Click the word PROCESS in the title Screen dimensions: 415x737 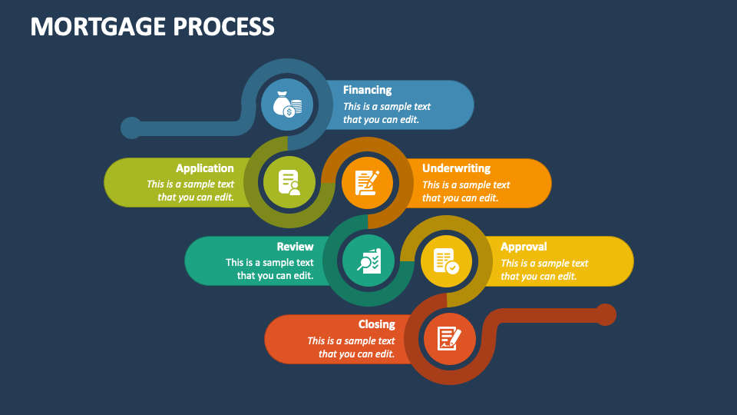pyautogui.click(x=223, y=26)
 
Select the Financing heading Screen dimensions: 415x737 pyautogui.click(x=367, y=90)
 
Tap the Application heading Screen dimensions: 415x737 pyautogui.click(x=204, y=168)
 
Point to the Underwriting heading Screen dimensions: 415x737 pyautogui.click(x=456, y=168)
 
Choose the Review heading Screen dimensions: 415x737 pyautogui.click(x=295, y=247)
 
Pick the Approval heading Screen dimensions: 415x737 pyautogui.click(x=524, y=247)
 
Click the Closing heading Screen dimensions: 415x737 pyautogui.click(x=376, y=324)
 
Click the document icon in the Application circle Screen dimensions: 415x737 pyautogui.click(x=289, y=183)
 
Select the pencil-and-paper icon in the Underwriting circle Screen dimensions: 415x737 pyautogui.click(x=367, y=183)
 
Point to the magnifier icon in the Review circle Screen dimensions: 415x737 pyautogui.click(x=368, y=261)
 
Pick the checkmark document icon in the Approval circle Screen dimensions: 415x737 pyautogui.click(x=446, y=261)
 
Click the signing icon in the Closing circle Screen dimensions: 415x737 pyautogui.click(x=449, y=338)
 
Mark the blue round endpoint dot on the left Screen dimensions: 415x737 pyautogui.click(x=131, y=128)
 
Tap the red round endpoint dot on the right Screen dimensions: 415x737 pyautogui.click(x=606, y=314)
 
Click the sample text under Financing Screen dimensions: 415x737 pyautogui.click(x=386, y=113)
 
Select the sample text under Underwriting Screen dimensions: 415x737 pyautogui.click(x=465, y=191)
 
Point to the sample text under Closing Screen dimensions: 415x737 pyautogui.click(x=352, y=347)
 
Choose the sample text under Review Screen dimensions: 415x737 pyautogui.click(x=269, y=269)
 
